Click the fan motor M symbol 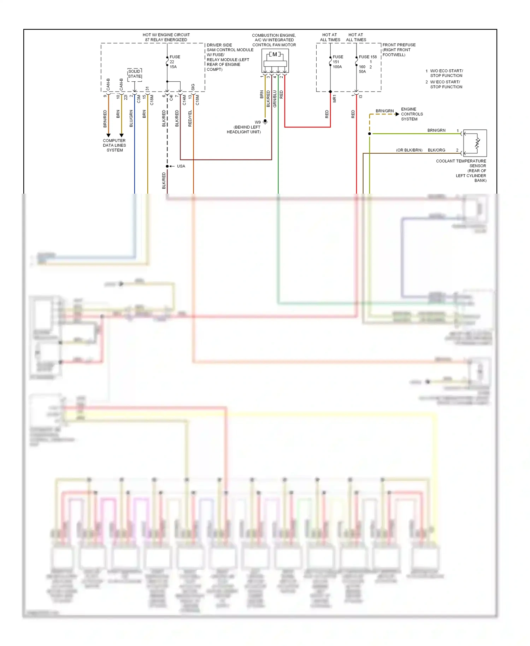coord(275,54)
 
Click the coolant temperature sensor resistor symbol coord(477,143)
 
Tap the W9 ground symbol coord(265,122)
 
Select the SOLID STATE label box coord(135,74)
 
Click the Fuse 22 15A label coord(174,62)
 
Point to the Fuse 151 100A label coord(337,62)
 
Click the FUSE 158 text coord(368,57)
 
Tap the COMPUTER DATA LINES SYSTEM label coord(114,145)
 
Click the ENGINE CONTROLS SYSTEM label coord(412,114)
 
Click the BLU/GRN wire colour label coord(131,118)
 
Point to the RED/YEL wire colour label coord(190,118)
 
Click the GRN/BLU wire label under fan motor coord(275,99)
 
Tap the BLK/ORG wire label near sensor coord(436,150)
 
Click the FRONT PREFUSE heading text coord(399,45)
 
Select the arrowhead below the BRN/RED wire coord(108,135)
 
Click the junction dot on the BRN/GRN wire coord(370,134)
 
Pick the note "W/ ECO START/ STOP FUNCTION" coord(446,84)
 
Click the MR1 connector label coord(335,99)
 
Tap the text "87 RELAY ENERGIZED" coord(166,40)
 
